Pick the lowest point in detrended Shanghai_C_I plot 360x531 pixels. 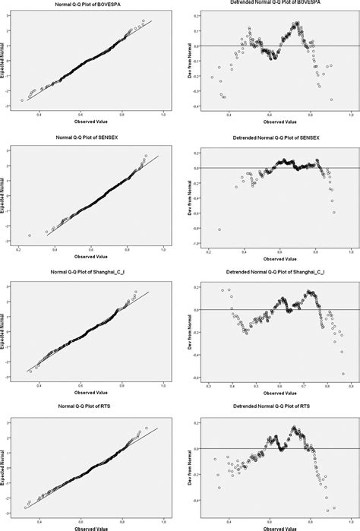[343, 374]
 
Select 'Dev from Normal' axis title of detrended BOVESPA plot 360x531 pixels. [188, 60]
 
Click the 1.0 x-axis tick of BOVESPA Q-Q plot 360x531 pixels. [164, 114]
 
